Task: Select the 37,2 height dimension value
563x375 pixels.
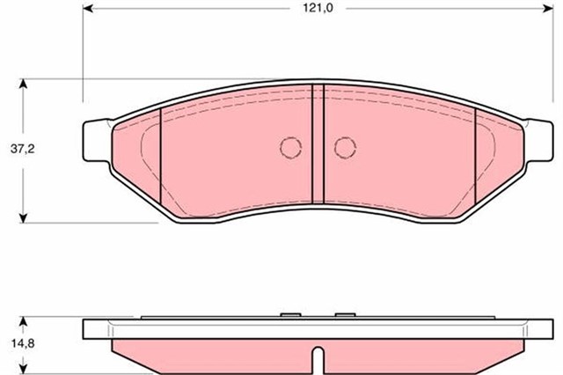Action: tap(25, 150)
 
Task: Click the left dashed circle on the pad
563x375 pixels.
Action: tap(290, 147)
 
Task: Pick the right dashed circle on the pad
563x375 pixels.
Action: tap(344, 147)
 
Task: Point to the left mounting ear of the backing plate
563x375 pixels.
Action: tap(96, 141)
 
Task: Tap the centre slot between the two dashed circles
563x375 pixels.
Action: tap(318, 145)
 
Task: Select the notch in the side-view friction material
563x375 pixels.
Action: tap(318, 359)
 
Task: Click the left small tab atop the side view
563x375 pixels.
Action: tap(289, 314)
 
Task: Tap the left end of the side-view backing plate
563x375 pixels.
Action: tap(86, 328)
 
